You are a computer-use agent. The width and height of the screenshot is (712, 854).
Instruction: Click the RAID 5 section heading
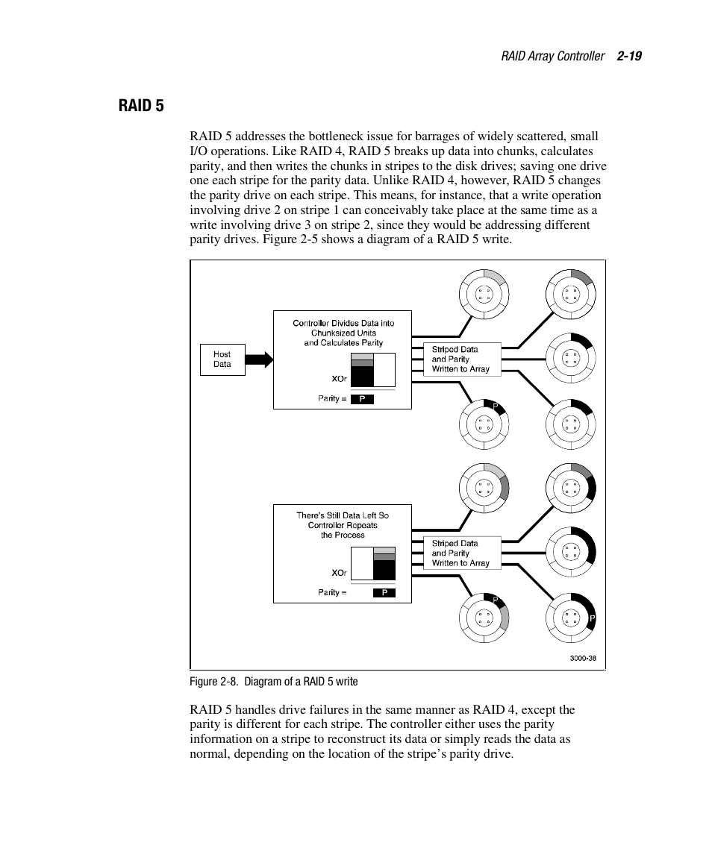[141, 105]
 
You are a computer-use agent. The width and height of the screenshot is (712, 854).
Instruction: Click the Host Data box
[222, 360]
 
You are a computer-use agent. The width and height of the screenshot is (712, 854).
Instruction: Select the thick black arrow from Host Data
[259, 360]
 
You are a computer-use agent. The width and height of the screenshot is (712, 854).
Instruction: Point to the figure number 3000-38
[583, 658]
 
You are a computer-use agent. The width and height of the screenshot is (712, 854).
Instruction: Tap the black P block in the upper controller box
[362, 399]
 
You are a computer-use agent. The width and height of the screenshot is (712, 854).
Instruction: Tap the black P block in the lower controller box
[384, 593]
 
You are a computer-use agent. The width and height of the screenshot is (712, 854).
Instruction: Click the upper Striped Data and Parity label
[460, 359]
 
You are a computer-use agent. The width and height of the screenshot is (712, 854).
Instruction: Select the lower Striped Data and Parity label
[460, 553]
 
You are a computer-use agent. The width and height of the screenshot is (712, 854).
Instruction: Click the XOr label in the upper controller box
[339, 379]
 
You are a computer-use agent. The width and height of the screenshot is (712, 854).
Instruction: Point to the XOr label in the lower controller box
[339, 573]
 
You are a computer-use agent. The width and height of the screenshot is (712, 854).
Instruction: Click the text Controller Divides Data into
[343, 323]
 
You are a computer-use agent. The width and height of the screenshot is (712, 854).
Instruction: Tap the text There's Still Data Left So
[343, 515]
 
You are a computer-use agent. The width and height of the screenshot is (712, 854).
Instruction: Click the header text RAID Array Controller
[552, 56]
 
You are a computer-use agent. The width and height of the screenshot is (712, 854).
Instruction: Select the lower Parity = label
[332, 593]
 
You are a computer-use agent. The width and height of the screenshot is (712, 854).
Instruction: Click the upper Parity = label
[332, 399]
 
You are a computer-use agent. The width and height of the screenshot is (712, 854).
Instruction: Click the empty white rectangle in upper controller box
[384, 369]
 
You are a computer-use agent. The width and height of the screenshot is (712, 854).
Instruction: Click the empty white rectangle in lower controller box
[362, 563]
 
